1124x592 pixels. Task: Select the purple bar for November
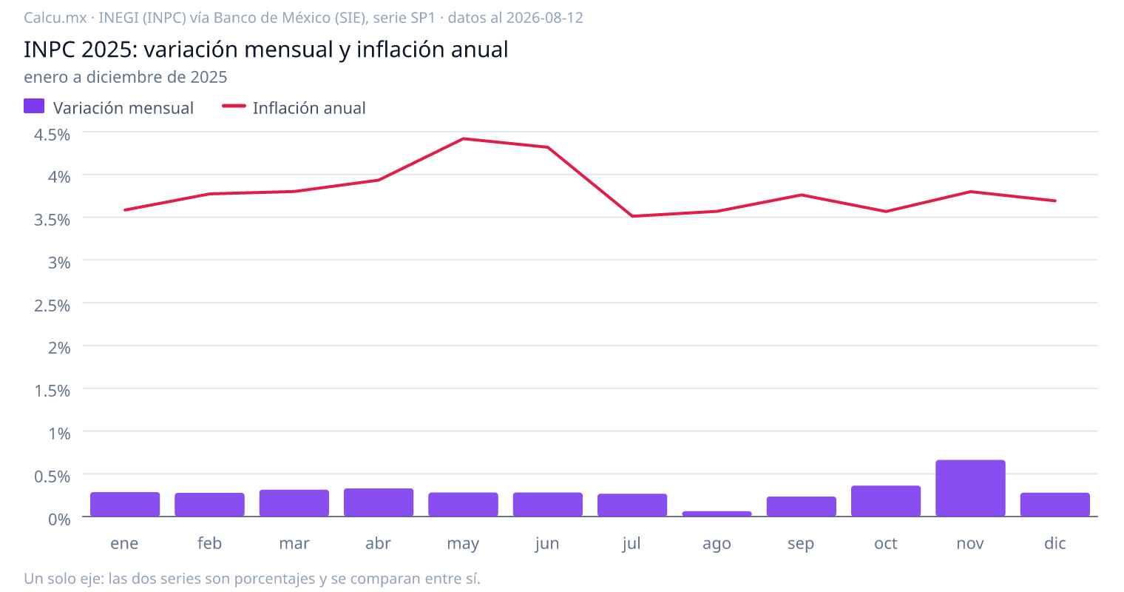(970, 488)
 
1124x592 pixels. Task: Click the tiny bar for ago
(717, 514)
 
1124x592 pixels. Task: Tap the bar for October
(886, 501)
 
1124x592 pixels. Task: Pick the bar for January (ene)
(125, 504)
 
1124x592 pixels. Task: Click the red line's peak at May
(463, 138)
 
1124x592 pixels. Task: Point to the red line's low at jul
(632, 216)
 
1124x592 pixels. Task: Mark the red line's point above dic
(1054, 201)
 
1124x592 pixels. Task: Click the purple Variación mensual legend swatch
(34, 106)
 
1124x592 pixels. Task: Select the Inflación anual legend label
(309, 108)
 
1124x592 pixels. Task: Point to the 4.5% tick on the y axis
(53, 135)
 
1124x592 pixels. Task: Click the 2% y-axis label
(59, 348)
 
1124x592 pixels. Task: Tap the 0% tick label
(59, 519)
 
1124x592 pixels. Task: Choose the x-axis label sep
(801, 544)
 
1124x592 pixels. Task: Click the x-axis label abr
(379, 543)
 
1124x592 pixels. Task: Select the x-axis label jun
(547, 544)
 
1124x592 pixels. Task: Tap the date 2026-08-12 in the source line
(544, 18)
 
